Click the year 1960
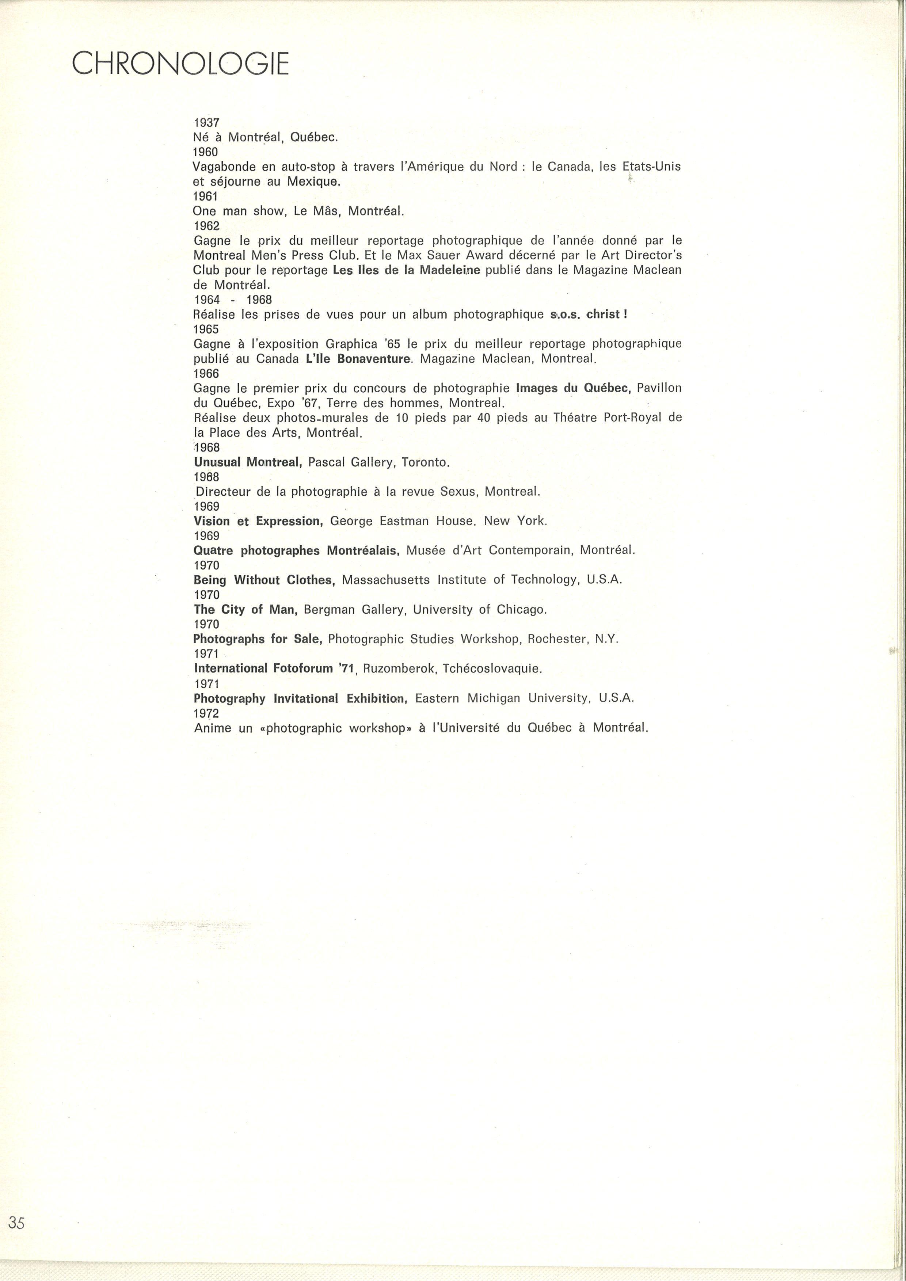point(205,152)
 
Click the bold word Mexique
point(313,181)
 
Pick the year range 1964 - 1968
point(233,300)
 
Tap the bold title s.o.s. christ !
point(589,314)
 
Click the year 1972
point(206,713)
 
